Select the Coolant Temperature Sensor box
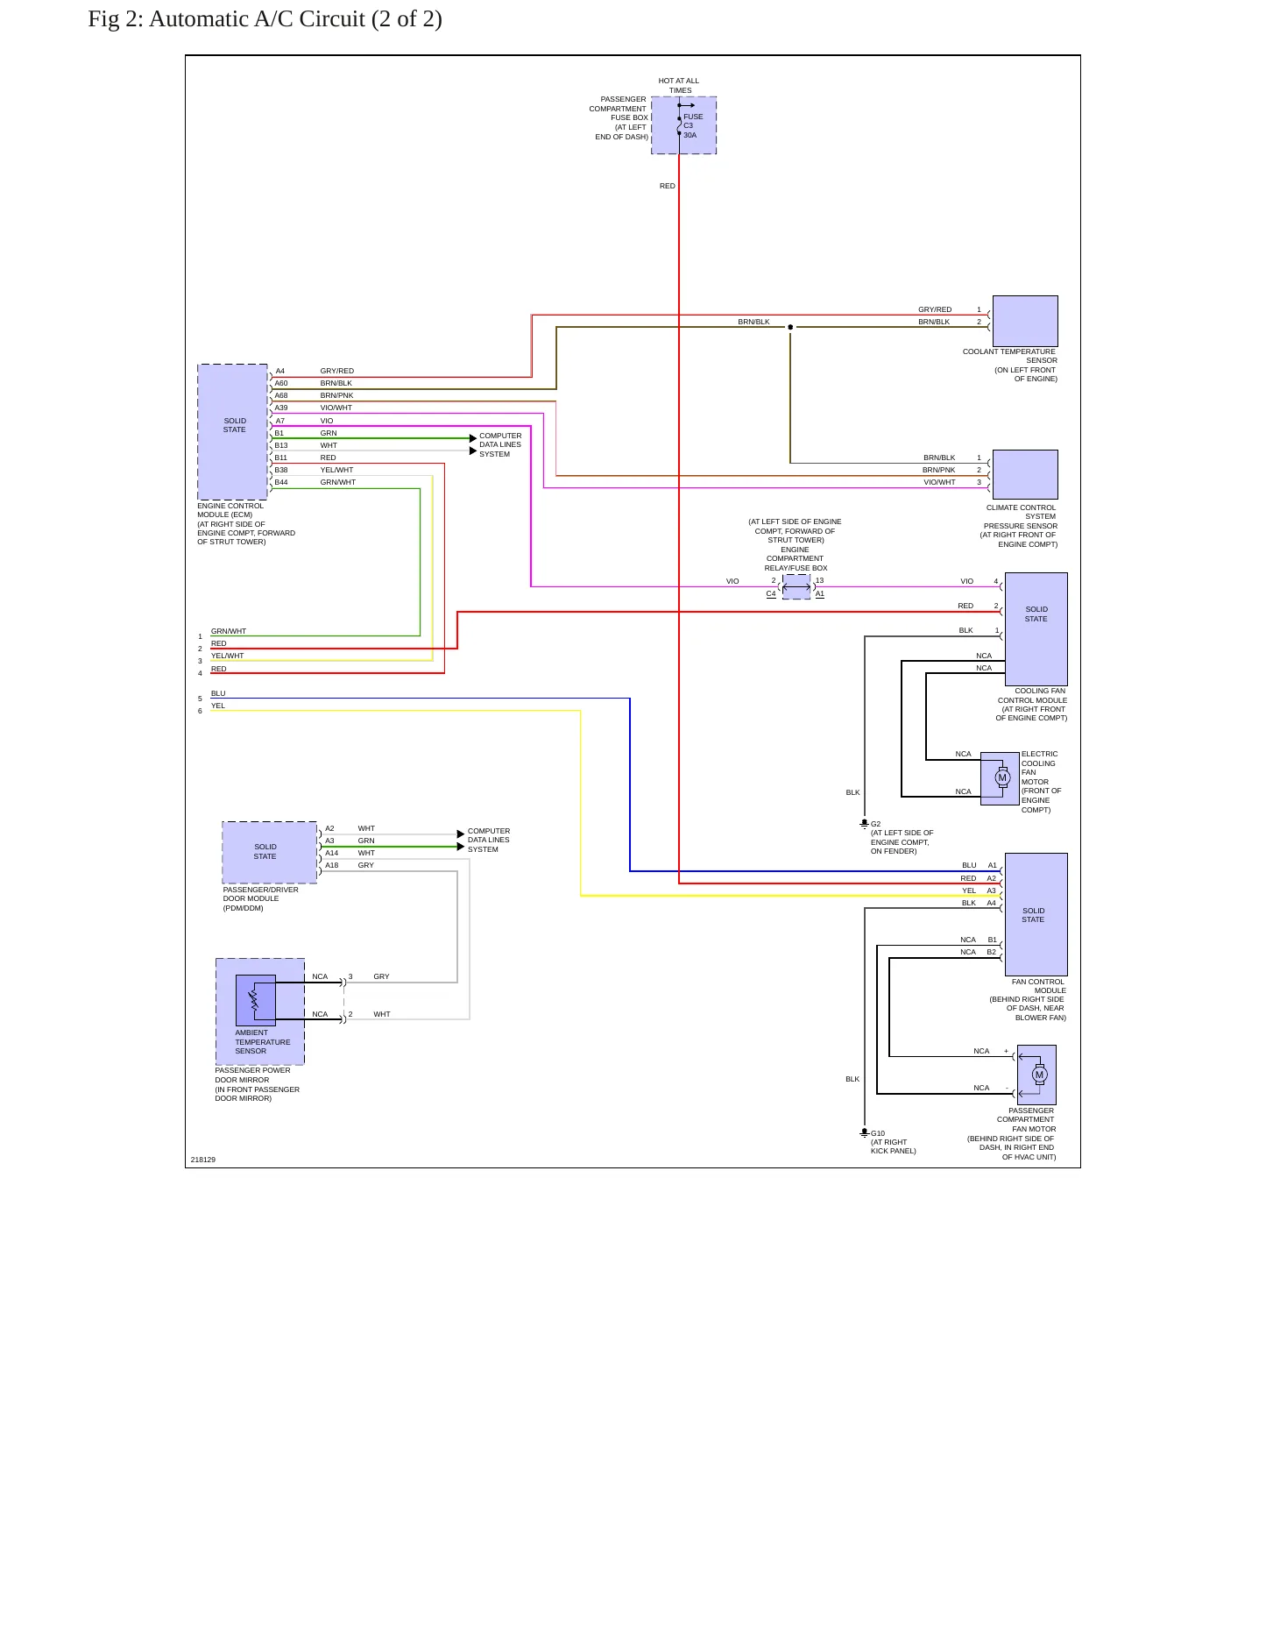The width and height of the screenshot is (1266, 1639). pos(1025,322)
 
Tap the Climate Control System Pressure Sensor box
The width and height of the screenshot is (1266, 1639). pos(1025,474)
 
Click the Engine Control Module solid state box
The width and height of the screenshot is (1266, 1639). pos(233,432)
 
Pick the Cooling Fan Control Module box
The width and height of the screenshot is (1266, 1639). pos(1036,628)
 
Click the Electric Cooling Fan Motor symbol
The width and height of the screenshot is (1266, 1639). pos(1002,777)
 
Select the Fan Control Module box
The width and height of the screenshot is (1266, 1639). pos(1036,914)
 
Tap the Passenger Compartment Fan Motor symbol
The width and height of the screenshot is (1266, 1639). pos(1039,1075)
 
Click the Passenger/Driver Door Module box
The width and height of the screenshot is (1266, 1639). pos(270,852)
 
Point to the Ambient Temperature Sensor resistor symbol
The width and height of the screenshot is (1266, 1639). pos(254,1000)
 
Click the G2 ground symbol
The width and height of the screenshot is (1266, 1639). pos(864,824)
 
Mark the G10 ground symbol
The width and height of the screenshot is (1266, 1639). pos(864,1133)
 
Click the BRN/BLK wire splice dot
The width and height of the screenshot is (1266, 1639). pos(790,327)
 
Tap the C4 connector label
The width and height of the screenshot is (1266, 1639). pos(771,594)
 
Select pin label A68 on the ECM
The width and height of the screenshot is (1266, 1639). pos(281,395)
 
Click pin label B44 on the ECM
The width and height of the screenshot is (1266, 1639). pos(281,482)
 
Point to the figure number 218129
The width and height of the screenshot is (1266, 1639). pos(203,1160)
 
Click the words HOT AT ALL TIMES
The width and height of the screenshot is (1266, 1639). pos(679,85)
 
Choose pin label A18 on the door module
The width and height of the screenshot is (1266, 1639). pos(332,865)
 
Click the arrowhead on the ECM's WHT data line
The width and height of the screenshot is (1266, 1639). pos(474,451)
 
